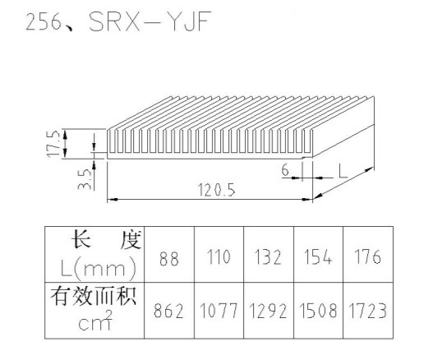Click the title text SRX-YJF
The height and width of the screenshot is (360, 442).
coord(150,21)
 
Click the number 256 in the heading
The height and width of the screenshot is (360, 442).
coord(44,22)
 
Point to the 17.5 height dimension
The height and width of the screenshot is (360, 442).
coord(53,144)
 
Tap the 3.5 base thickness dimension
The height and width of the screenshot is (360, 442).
coord(85,179)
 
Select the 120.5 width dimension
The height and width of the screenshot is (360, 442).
coord(216,190)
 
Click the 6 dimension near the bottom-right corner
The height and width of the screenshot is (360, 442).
coord(285,170)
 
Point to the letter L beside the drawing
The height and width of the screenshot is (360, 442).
coord(343,172)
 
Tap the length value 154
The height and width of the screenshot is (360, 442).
coord(318,257)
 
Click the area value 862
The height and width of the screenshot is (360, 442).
coord(168,311)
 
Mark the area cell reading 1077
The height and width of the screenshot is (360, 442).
coord(219,311)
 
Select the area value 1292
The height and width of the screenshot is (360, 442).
coord(268,311)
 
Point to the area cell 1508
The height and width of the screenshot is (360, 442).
coord(318,311)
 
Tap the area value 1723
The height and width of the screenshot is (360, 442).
coord(367,311)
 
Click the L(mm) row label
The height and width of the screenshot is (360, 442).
coord(99,269)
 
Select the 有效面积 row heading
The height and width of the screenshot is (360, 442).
coord(94,296)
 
